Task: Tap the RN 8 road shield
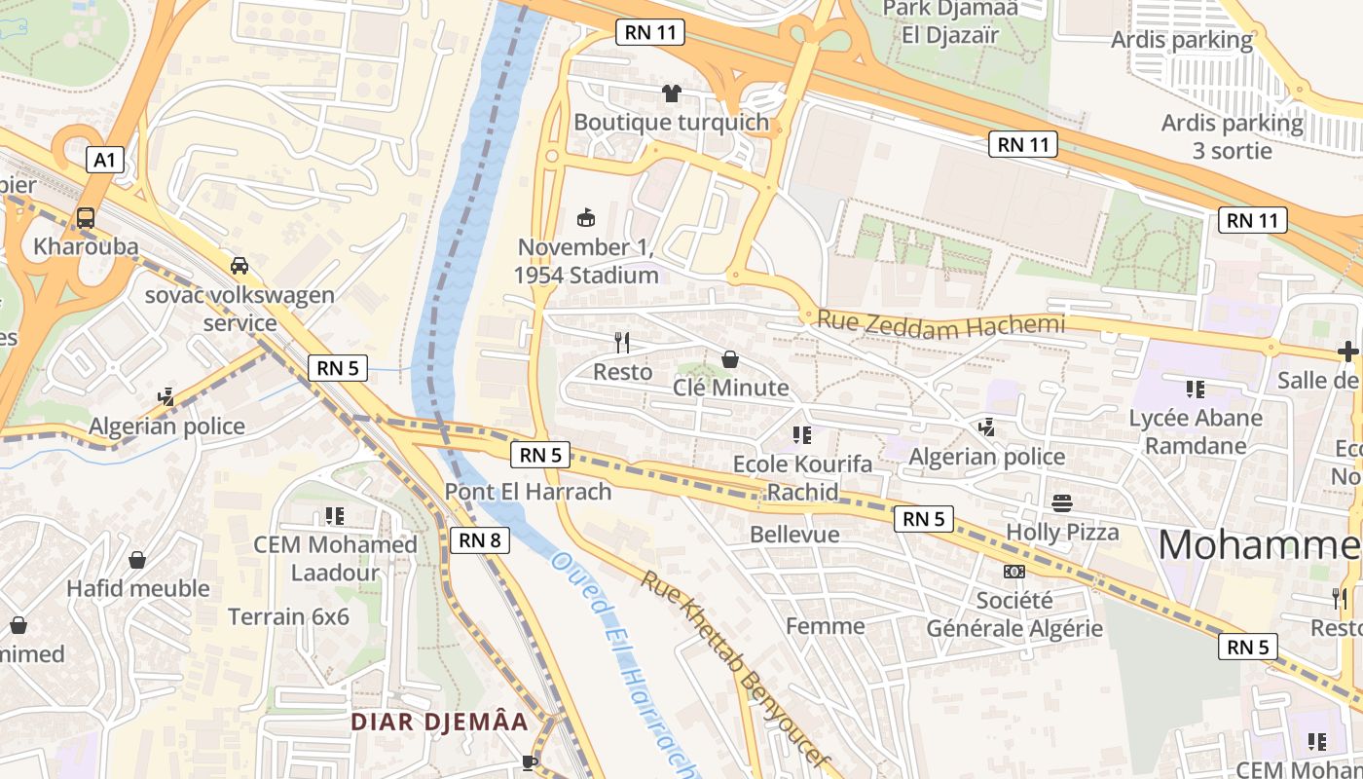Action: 480,539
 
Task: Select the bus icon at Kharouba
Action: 86,218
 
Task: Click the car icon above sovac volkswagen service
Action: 239,265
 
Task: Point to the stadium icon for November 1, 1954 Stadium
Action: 586,217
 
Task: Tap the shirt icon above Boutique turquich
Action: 671,93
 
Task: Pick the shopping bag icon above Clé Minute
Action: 730,359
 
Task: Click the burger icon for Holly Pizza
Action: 1062,502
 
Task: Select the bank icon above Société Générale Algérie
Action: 1014,572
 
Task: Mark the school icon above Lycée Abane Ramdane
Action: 1196,389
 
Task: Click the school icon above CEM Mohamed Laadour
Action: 335,515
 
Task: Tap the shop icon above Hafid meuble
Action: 137,560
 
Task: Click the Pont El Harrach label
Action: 528,492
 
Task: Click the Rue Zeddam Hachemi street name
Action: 940,324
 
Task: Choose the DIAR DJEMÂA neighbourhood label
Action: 439,722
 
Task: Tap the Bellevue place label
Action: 794,534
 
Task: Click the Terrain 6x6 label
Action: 288,616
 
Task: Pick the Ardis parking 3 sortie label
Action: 1232,137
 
